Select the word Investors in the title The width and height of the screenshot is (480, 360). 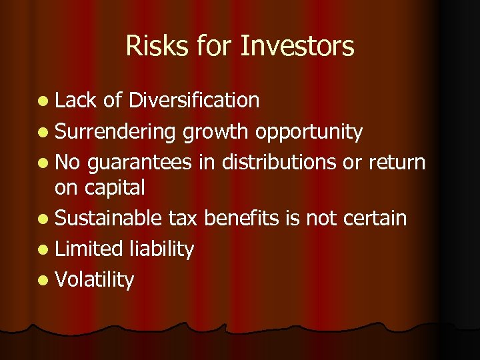click(x=297, y=47)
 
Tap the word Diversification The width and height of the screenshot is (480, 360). click(x=193, y=100)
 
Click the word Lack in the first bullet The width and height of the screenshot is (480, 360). click(x=77, y=100)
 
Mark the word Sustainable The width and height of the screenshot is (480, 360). click(x=109, y=218)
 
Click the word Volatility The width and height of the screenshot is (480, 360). click(x=95, y=280)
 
